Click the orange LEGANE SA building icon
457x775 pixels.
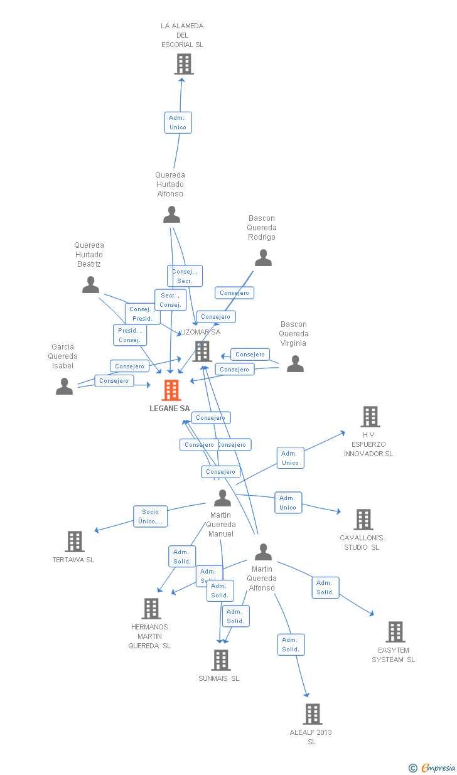[171, 390]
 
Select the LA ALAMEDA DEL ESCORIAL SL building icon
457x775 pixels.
[183, 64]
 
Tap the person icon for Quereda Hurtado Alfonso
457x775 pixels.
[171, 215]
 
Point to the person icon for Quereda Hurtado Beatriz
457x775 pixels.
[91, 285]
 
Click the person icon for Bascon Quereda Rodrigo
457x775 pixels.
[263, 258]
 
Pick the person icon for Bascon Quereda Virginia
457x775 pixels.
[295, 364]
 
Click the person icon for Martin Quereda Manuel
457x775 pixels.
[222, 498]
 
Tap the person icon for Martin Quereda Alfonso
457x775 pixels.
[263, 552]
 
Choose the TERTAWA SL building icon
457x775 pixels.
[75, 542]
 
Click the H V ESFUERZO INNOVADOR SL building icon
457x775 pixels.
[370, 417]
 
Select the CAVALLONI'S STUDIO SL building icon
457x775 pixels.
[363, 520]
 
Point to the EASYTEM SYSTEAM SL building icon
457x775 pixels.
[395, 632]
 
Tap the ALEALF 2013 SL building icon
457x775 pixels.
[312, 714]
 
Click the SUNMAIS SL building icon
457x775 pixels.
[220, 660]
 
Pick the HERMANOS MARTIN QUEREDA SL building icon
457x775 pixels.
[151, 609]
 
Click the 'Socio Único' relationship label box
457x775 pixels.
[151, 516]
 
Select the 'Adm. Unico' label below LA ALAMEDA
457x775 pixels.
[178, 122]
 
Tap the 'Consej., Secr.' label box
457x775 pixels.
[185, 276]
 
